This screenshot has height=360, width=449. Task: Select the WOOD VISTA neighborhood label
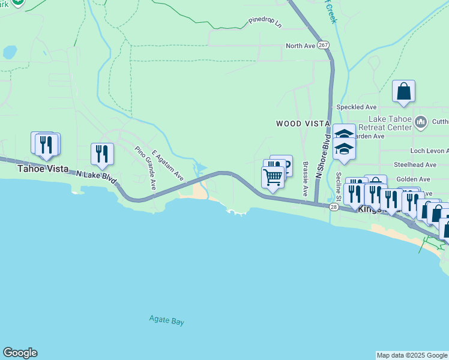pyautogui.click(x=303, y=124)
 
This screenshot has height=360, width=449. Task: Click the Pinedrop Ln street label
pyautogui.click(x=264, y=23)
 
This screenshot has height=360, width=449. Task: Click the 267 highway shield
pyautogui.click(x=323, y=46)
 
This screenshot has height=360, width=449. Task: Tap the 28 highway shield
pyautogui.click(x=334, y=206)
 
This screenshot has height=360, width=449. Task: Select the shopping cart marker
pyautogui.click(x=273, y=177)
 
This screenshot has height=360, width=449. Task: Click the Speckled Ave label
pyautogui.click(x=357, y=107)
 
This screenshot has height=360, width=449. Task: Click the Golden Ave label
pyautogui.click(x=413, y=179)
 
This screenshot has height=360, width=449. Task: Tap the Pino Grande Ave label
pyautogui.click(x=145, y=168)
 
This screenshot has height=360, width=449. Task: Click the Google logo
pyautogui.click(x=20, y=353)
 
